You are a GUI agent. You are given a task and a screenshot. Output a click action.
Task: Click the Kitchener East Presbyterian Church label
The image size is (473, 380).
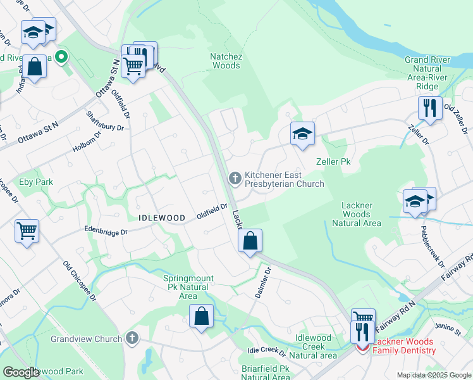click(x=284, y=179)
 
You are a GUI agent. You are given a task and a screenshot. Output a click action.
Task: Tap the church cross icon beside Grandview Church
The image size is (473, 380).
click(x=132, y=338)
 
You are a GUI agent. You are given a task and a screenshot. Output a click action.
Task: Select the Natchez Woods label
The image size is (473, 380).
click(x=225, y=61)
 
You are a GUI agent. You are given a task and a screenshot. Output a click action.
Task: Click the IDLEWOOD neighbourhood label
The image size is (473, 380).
click(x=162, y=217)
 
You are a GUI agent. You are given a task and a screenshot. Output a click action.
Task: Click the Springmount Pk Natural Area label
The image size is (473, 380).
click(x=188, y=287)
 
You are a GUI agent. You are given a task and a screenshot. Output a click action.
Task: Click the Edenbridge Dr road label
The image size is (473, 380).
click(x=106, y=232)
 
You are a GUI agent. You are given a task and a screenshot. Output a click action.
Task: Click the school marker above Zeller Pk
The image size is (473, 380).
click(x=303, y=134)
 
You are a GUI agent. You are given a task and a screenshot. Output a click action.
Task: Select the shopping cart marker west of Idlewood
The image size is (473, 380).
click(x=27, y=232)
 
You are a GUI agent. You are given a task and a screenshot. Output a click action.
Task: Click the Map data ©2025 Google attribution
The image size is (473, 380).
click(x=433, y=375)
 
